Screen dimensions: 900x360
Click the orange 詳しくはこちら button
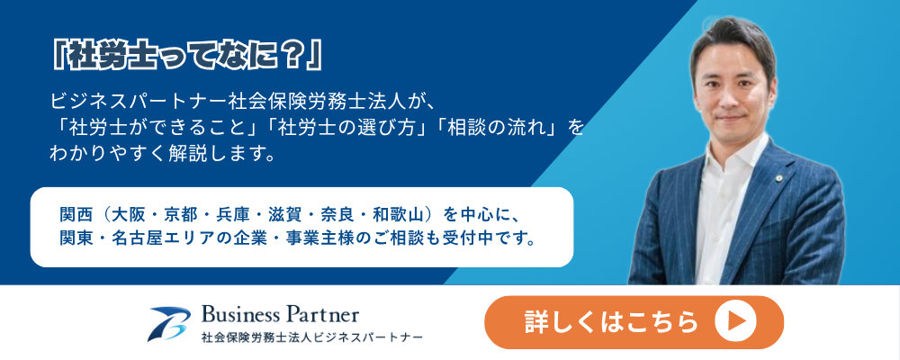coord(634,322)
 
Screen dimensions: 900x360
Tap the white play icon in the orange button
coord(735,322)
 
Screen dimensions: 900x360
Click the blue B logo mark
coord(169,324)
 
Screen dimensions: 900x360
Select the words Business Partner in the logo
coord(280,315)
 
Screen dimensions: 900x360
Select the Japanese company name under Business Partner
coord(311,336)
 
